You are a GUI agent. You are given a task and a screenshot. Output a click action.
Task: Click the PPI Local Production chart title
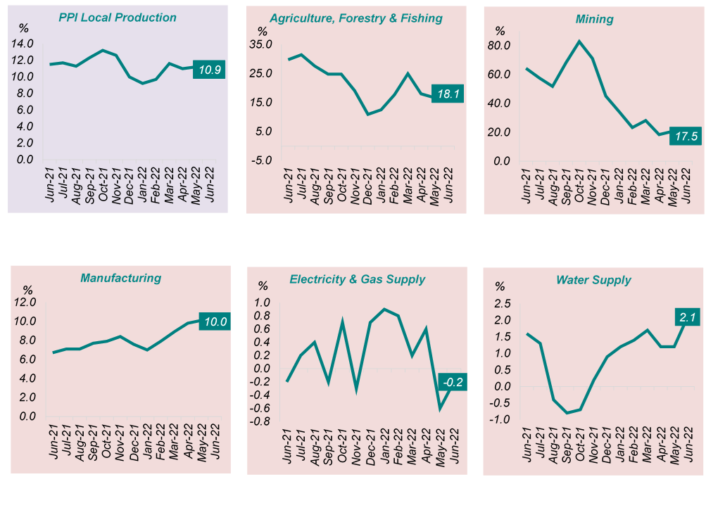pos(118,17)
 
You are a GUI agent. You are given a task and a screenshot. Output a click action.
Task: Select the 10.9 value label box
pos(209,70)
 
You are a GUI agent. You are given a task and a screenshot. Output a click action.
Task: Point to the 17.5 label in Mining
pos(684,136)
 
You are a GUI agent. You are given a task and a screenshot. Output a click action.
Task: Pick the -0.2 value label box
pos(451,383)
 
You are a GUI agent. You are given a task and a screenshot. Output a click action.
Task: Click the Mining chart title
pos(594,19)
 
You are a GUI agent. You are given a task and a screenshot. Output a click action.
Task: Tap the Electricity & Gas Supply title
pos(357,279)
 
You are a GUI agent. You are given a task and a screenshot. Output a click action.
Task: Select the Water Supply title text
pos(593,280)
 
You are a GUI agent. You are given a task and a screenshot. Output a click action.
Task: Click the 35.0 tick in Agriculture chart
pos(260,45)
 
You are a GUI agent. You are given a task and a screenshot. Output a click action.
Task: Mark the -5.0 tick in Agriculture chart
pos(260,160)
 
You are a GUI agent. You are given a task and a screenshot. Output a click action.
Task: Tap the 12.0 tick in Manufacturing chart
pos(25,303)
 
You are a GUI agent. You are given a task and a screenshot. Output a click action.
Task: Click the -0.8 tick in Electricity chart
pos(262,422)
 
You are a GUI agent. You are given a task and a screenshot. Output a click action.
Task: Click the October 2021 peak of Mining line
pos(579,41)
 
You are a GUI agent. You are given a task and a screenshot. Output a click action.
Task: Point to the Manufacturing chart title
pos(120,278)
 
